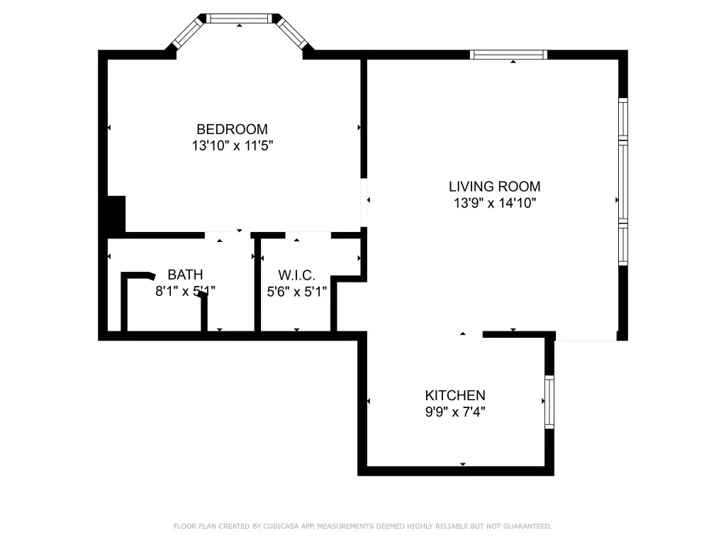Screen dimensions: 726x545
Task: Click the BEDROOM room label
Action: click(x=232, y=129)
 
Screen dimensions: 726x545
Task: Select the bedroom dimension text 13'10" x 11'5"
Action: click(x=233, y=145)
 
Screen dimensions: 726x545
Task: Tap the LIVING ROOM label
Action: click(x=494, y=187)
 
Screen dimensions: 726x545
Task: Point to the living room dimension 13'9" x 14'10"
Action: click(x=494, y=203)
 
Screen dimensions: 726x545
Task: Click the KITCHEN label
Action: click(x=455, y=395)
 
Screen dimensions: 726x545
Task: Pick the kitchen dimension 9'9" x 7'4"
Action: click(x=455, y=412)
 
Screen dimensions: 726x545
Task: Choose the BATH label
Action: click(x=185, y=275)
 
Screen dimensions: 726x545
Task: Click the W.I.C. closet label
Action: click(x=297, y=275)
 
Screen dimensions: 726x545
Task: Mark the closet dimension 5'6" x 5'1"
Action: click(x=297, y=292)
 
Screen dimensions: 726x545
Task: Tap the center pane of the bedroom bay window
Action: click(x=239, y=18)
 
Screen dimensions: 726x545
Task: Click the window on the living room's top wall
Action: click(x=508, y=55)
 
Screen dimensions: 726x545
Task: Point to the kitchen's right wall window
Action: click(x=549, y=402)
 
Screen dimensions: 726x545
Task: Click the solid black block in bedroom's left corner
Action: click(x=116, y=214)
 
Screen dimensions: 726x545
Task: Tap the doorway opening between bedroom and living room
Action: click(x=364, y=202)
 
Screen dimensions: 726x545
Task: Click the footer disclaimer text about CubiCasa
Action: click(x=362, y=526)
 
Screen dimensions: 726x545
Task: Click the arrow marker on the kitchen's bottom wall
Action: click(x=462, y=464)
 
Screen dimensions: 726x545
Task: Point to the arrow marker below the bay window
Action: click(x=239, y=26)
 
